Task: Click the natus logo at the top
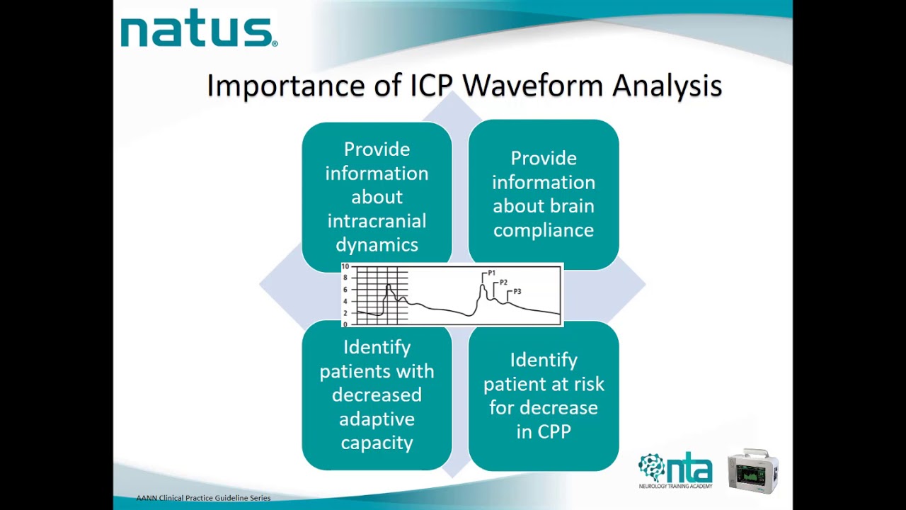pos(198,32)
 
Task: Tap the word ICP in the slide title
pos(432,86)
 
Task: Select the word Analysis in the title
pos(667,86)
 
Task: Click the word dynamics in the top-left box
pos(377,245)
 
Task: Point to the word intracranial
pos(377,221)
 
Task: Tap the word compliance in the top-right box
pos(544,230)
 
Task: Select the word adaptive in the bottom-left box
pos(377,419)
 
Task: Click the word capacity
pos(377,443)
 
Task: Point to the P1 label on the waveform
pos(491,273)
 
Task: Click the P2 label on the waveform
pos(503,283)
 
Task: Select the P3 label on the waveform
pos(517,292)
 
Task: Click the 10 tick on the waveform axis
pos(345,267)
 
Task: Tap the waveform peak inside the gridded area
pos(388,286)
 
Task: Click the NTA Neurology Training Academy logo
pos(675,470)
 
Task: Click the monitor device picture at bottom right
pos(753,470)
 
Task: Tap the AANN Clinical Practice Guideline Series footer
pos(203,498)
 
